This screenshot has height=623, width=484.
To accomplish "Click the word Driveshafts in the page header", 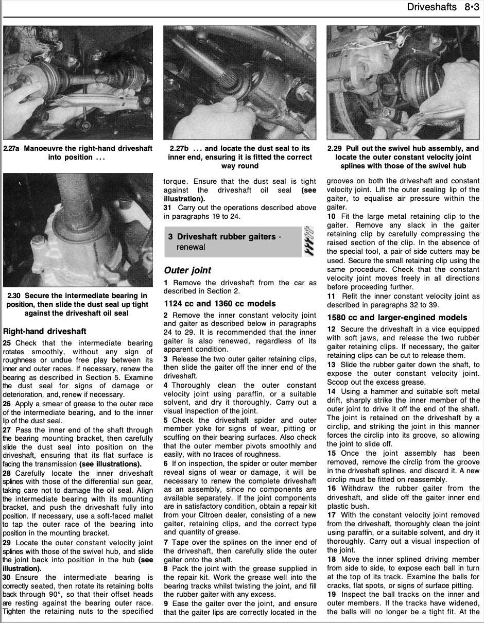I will [x=431, y=7].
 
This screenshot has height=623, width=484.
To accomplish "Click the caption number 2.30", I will [x=15, y=296].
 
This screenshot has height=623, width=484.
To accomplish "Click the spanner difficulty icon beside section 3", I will [x=309, y=241].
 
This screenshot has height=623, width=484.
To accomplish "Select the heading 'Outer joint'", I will [x=187, y=270].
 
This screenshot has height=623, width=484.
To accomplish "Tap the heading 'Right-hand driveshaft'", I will [x=45, y=331].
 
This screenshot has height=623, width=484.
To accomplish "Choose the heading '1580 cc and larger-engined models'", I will [x=396, y=318].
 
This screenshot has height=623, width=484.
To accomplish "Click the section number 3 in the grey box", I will [x=170, y=237].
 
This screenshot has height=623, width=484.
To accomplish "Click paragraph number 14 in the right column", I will [x=331, y=391].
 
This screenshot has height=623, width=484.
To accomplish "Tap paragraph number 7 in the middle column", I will [x=166, y=542].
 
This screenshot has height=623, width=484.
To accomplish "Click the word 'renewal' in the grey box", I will [x=191, y=247].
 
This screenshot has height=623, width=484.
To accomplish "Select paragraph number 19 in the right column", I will [x=331, y=595].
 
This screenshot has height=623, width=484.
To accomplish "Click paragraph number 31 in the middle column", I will [x=168, y=207].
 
